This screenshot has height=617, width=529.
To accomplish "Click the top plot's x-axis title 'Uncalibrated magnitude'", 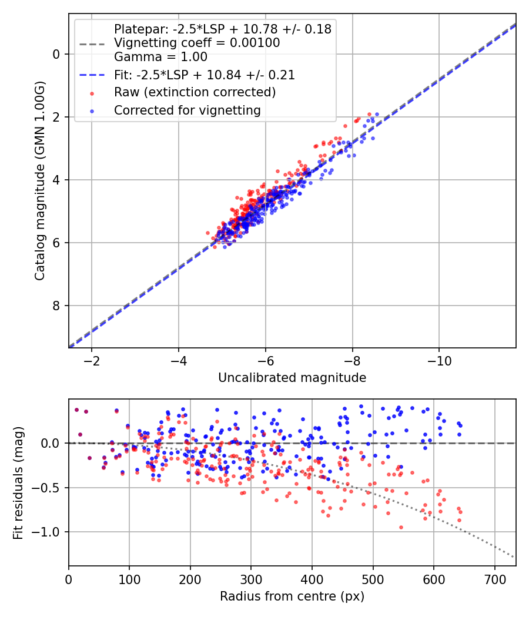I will [x=292, y=378].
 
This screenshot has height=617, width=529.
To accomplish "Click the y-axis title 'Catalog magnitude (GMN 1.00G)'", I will [x=39, y=180].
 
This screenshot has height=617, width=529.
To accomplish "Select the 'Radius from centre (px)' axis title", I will [x=292, y=596].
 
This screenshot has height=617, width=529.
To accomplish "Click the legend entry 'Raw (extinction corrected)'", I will [x=195, y=92].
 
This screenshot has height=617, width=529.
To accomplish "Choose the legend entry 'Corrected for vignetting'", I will [x=188, y=110].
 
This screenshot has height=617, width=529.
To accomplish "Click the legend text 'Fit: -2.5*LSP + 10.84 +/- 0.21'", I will [x=204, y=75].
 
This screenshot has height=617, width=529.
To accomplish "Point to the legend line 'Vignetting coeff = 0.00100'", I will [x=197, y=43].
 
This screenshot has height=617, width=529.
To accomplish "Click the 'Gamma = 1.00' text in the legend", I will [x=160, y=57].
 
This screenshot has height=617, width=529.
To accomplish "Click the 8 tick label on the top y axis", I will [x=56, y=306].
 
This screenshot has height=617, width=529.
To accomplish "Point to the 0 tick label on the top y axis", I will [x=56, y=54].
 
